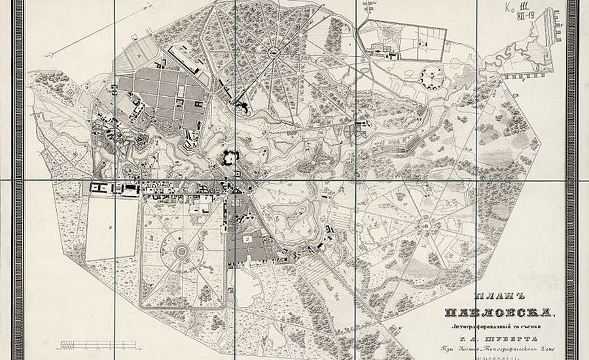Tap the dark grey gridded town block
161,95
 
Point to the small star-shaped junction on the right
428,226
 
